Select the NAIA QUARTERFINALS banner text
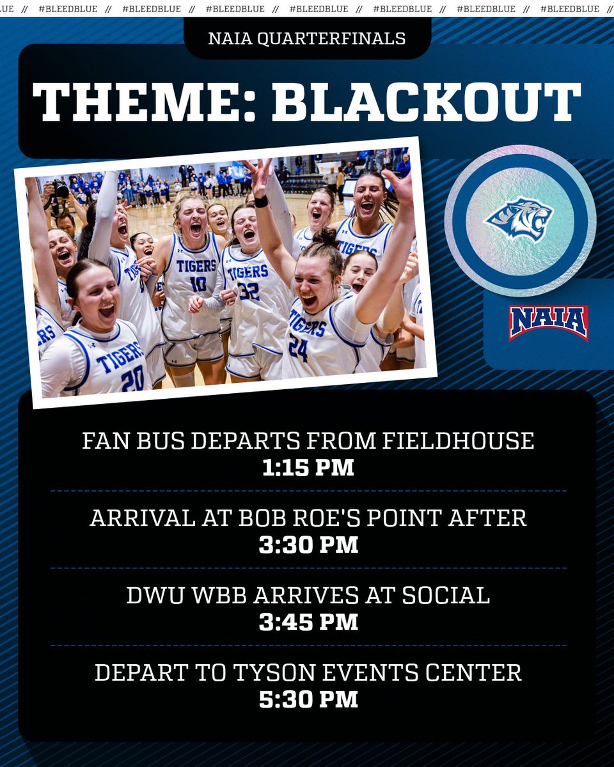[307, 39]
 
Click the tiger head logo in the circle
[519, 220]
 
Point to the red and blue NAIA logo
[548, 322]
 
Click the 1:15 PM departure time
[308, 468]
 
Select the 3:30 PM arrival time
[308, 545]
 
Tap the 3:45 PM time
[308, 622]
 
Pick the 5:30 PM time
[308, 699]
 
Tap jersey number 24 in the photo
[298, 348]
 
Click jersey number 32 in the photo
[249, 291]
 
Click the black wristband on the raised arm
[260, 201]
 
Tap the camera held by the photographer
[59, 189]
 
